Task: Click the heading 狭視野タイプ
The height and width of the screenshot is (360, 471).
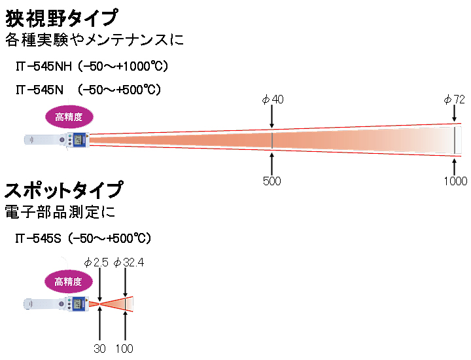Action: coord(62,15)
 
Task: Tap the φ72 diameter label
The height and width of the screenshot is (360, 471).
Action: coord(454,99)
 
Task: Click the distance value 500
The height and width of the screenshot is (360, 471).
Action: coord(271,181)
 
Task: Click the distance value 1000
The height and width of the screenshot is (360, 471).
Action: coord(455,181)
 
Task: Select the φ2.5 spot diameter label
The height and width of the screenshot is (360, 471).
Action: coord(96,262)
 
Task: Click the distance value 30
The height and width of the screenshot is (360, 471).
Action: coord(99,348)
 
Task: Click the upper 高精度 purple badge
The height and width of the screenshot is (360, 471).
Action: coord(69,117)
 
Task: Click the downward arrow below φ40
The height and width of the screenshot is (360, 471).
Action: coord(272,119)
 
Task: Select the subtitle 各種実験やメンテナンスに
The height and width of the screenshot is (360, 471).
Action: coord(94,40)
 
